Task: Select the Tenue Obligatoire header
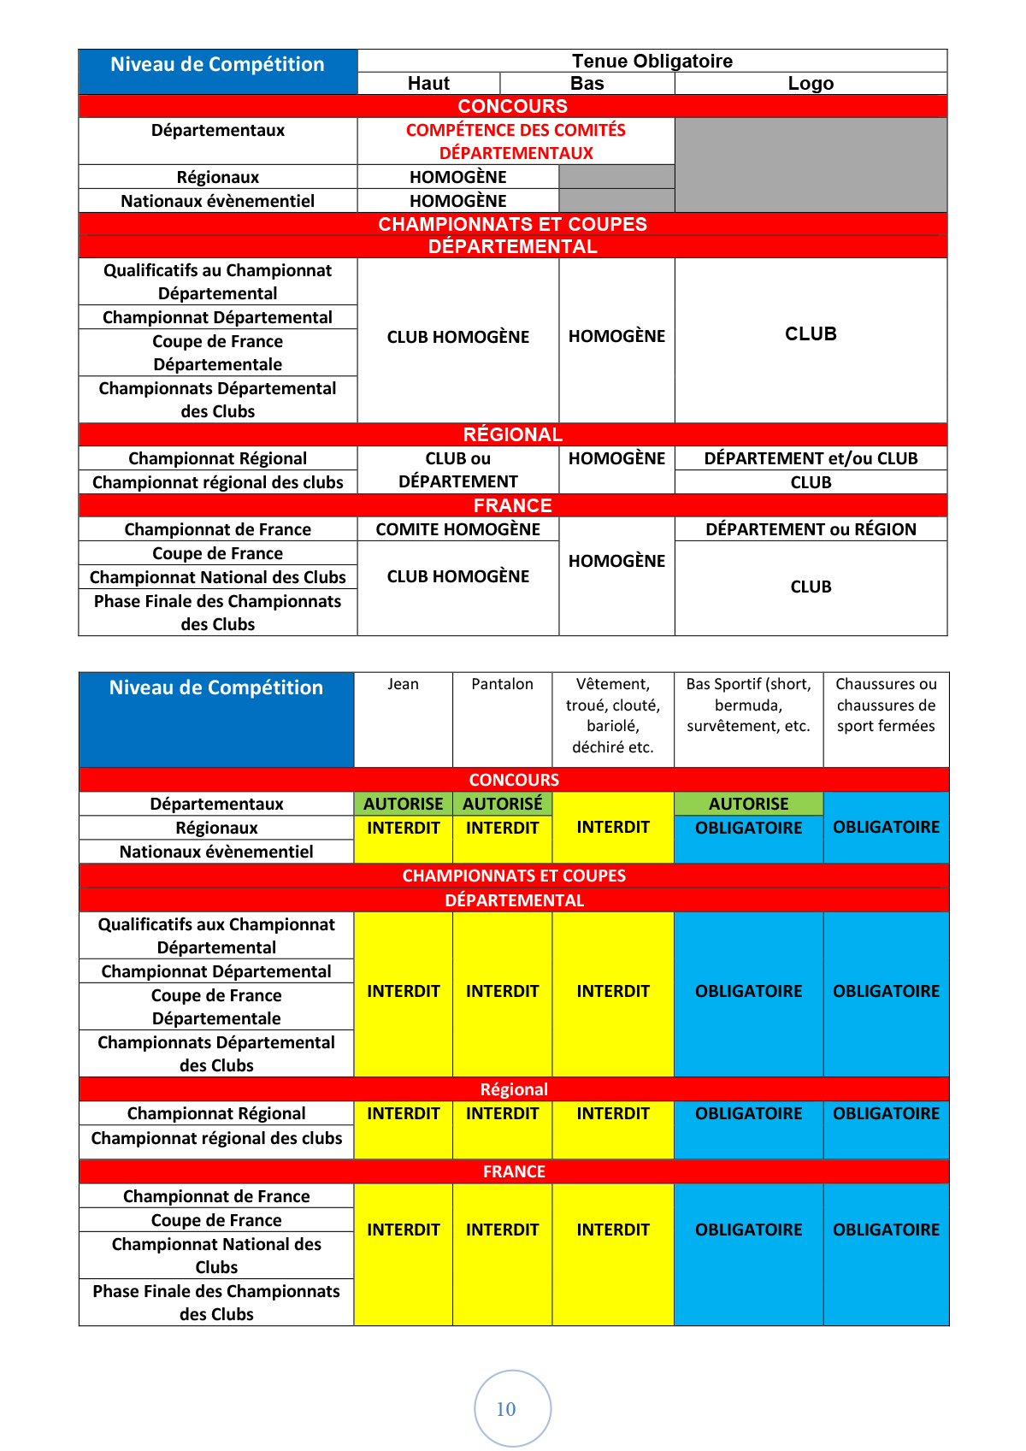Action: pos(652,61)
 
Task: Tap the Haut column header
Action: pos(428,83)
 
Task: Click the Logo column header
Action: pos(811,83)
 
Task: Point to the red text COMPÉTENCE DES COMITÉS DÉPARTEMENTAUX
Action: pos(516,141)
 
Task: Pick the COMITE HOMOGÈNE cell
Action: pos(457,529)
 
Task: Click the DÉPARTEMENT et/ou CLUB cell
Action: pos(811,458)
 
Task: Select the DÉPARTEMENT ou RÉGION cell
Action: pos(811,529)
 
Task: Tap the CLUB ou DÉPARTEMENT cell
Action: pos(457,469)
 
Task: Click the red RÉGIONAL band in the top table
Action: pos(513,434)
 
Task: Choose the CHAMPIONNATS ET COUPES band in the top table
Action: pos(513,224)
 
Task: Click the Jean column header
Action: pos(403,684)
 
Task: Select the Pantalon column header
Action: pos(502,684)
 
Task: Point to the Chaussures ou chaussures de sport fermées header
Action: pos(886,705)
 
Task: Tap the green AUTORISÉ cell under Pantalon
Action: pos(502,804)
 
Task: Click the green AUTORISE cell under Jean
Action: pos(403,804)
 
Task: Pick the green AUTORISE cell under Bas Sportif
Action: pos(748,804)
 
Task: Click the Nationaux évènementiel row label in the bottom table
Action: pos(216,852)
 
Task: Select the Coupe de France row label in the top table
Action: pos(217,553)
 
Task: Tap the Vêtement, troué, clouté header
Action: pos(612,715)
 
